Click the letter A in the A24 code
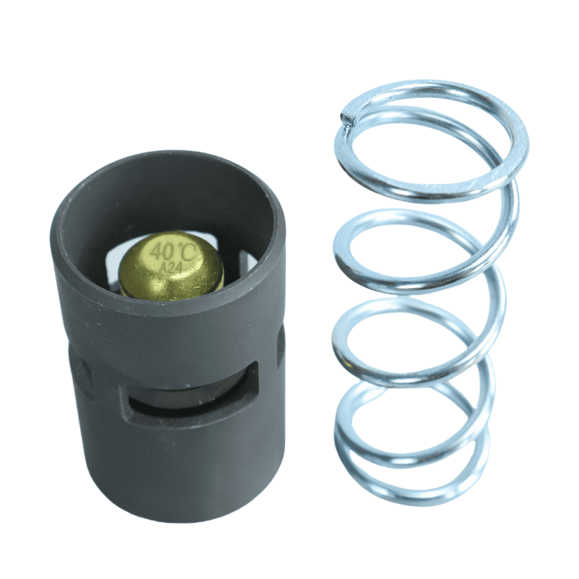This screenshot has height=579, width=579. tap(163, 267)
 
